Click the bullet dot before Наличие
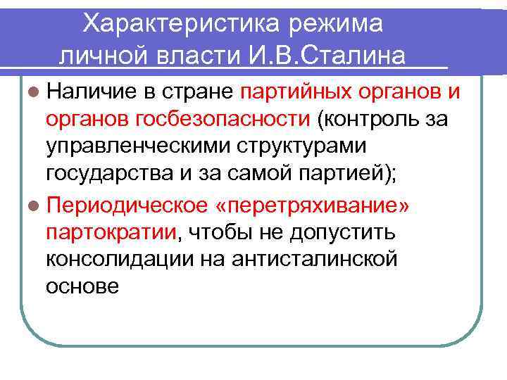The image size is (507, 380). click(x=35, y=91)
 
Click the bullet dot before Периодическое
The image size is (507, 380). click(x=35, y=207)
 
